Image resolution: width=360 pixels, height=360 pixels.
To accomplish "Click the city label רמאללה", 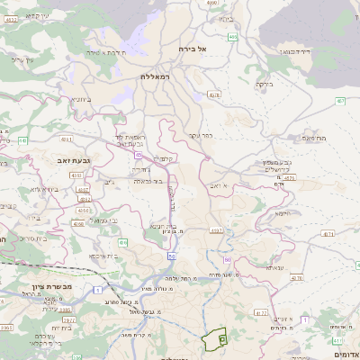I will coord(160,77).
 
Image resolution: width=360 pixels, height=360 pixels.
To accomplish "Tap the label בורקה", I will coord(264,85).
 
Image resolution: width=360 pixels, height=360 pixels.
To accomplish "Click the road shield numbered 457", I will coord(340,101).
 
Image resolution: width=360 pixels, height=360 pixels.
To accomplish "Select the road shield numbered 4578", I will coord(289,178).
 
